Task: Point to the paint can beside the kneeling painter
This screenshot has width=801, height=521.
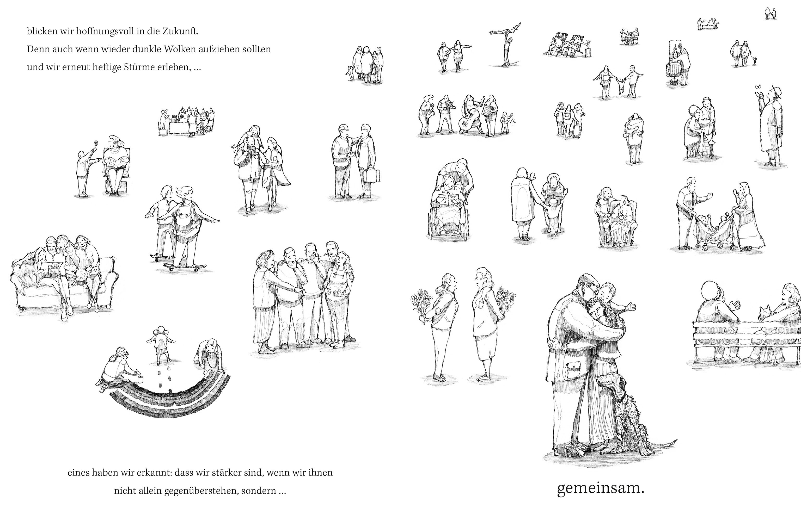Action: [x=140, y=379]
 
